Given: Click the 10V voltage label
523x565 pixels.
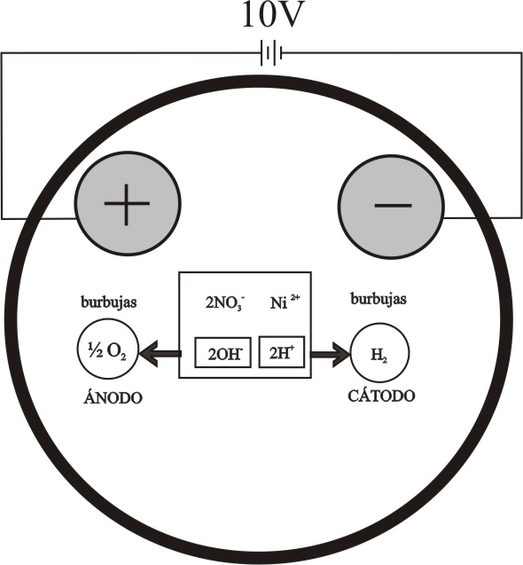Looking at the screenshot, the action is coord(271,15).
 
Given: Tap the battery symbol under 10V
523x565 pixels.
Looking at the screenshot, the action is coord(271,54).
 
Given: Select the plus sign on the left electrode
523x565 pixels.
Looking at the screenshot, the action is coord(127,204).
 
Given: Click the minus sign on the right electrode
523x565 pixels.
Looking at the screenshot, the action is coord(393,206).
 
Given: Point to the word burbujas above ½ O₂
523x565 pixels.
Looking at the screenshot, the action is coord(109,302).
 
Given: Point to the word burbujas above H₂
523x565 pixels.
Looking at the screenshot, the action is coord(379,299).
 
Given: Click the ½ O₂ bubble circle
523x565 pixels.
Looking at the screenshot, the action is coord(107,349).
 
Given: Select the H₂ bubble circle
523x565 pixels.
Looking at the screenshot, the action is coord(379,353).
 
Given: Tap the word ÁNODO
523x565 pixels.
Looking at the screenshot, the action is coord(113,397).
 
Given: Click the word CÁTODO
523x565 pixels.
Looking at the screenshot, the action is coord(381,395).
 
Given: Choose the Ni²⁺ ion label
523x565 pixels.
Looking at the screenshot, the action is coord(285,302).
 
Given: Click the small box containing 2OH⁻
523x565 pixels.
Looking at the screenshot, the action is coord(223,352).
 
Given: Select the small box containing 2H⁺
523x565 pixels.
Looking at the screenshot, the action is coord(282,352).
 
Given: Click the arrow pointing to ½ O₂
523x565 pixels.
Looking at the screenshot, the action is coord(160,354).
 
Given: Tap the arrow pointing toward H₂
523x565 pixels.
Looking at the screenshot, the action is coord(331,355).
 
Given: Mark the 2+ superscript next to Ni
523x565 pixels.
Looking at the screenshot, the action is coord(295,298).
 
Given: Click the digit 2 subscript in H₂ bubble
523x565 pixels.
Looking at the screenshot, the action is coord(385,359).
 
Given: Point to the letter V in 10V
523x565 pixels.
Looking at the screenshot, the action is coord(287,15).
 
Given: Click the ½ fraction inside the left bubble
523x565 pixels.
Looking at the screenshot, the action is coord(95,349).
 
